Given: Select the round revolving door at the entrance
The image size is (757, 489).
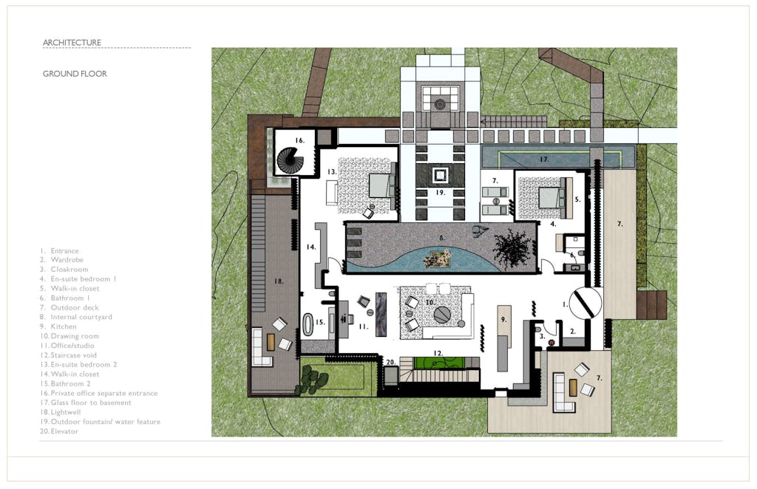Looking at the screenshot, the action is (585, 304).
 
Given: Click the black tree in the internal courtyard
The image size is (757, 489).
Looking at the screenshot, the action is (512, 247).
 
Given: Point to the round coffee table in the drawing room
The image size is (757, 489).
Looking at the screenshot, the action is (442, 315).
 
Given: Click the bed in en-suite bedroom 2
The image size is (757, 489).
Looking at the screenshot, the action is (382, 185).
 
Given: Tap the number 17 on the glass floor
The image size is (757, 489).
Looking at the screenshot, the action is (544, 159).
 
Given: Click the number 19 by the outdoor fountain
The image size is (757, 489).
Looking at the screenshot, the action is (440, 192).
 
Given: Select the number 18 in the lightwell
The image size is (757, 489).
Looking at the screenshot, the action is (279, 281).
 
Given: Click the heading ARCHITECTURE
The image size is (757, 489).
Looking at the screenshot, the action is (72, 42).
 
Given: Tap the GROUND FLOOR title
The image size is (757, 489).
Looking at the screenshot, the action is (75, 74).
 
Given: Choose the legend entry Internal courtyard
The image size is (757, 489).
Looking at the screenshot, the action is (81, 317).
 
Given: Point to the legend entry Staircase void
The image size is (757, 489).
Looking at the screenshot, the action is (73, 355).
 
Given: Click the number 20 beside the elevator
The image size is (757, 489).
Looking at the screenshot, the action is (390, 362).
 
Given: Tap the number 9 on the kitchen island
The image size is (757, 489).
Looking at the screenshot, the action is (503, 319).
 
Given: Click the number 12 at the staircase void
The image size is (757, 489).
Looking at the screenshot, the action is (438, 354).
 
